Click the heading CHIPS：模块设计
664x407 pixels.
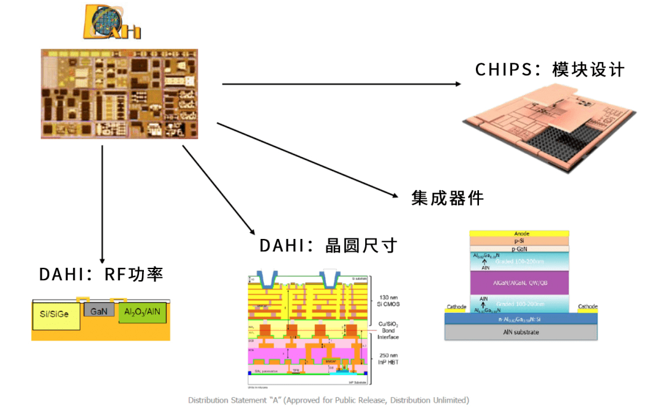pyautogui.click(x=550, y=70)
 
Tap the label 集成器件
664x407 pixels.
pyautogui.click(x=448, y=198)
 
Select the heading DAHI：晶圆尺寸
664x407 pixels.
pyautogui.click(x=328, y=246)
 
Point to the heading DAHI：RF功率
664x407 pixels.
pyautogui.click(x=101, y=274)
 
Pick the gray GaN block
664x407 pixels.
pyautogui.click(x=99, y=312)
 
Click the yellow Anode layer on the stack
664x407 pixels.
pyautogui.click(x=520, y=234)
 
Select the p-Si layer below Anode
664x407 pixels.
pyautogui.click(x=520, y=241)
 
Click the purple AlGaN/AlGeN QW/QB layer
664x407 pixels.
pyautogui.click(x=520, y=282)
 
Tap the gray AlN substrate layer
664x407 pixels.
pyautogui.click(x=520, y=332)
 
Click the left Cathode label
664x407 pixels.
pyautogui.click(x=456, y=307)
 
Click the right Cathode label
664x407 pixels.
pyautogui.click(x=587, y=307)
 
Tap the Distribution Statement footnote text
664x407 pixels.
pyautogui.click(x=328, y=400)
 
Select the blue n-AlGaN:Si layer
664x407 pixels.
pyautogui.click(x=520, y=319)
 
